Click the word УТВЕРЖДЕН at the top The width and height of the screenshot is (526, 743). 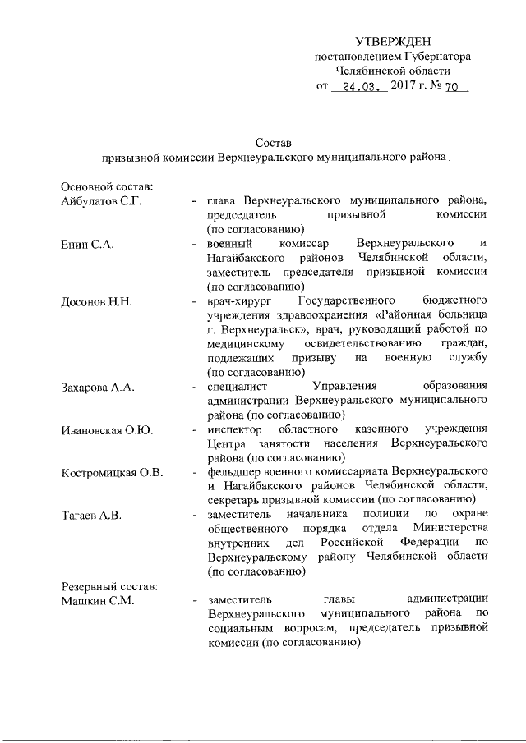[x=393, y=41]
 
